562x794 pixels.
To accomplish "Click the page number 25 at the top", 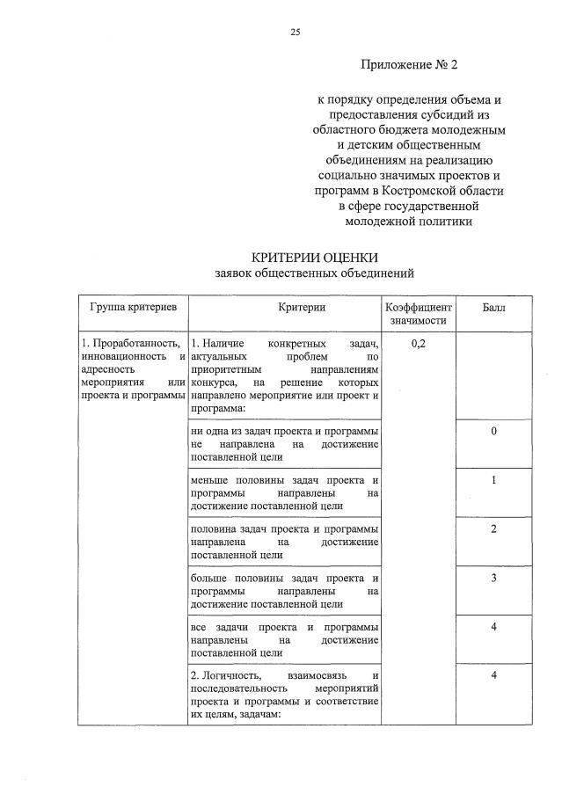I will (296, 32).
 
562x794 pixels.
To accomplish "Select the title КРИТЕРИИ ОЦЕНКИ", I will (314, 258).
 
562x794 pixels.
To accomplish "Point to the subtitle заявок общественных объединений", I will (314, 273).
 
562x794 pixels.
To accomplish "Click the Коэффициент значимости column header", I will (419, 314).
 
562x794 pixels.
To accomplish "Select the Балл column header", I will (494, 308).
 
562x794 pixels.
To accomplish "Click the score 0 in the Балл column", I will (494, 432).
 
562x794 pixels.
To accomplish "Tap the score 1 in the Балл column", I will (494, 480).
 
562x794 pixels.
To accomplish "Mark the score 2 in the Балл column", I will (494, 528).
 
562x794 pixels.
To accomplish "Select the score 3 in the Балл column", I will (494, 578).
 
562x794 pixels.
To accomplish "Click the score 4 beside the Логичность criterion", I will (494, 674).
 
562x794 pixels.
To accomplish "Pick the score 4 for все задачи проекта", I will (494, 626).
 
